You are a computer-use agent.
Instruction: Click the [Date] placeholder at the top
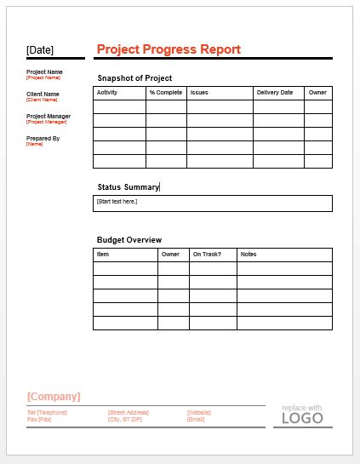40,50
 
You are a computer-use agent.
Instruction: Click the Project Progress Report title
169,49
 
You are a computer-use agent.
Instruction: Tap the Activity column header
107,92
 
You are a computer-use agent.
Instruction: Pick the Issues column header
199,92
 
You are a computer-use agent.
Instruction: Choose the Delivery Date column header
274,92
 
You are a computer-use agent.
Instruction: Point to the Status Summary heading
128,186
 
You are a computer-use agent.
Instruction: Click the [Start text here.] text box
212,203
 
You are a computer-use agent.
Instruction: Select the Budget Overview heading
129,240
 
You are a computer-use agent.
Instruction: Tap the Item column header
103,254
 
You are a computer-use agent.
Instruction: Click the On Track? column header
207,254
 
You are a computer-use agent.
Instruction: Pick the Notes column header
249,254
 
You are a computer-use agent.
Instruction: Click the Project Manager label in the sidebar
49,116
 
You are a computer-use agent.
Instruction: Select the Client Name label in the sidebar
43,94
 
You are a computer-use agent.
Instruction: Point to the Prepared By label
43,138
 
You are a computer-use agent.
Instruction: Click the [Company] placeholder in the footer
54,396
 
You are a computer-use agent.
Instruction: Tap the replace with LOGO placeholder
302,415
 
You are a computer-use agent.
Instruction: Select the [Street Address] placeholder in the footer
129,412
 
